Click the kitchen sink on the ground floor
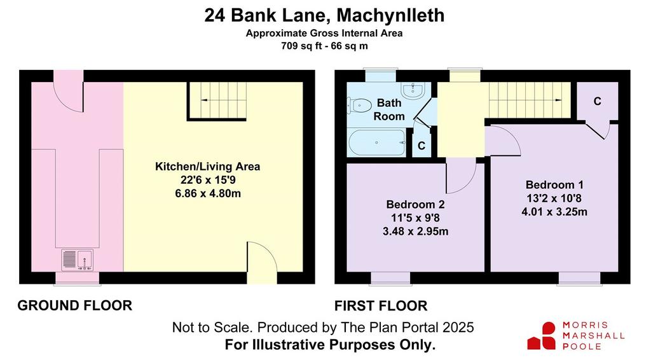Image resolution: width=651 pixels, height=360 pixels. (x=77, y=260)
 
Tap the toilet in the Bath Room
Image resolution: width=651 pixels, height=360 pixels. (x=359, y=106)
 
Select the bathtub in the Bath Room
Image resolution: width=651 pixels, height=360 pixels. (x=377, y=142)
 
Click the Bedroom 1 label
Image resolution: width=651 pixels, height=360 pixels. (x=554, y=184)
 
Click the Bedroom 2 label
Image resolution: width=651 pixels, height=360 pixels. (x=415, y=204)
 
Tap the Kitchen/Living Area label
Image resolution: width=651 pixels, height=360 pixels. (x=208, y=167)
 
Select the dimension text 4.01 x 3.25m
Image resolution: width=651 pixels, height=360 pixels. (x=554, y=212)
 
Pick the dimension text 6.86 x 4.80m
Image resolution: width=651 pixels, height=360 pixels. (x=208, y=193)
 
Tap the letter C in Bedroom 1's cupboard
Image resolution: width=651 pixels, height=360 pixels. (x=597, y=101)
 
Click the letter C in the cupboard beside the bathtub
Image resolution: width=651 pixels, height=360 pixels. (x=421, y=146)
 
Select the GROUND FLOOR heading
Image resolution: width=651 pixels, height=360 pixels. (x=75, y=305)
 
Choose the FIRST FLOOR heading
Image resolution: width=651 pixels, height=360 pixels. (x=381, y=306)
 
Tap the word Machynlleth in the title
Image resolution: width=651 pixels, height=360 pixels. (x=390, y=15)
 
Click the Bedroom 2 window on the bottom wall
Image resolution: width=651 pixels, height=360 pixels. (x=390, y=279)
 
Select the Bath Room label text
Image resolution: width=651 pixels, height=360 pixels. (x=389, y=109)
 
